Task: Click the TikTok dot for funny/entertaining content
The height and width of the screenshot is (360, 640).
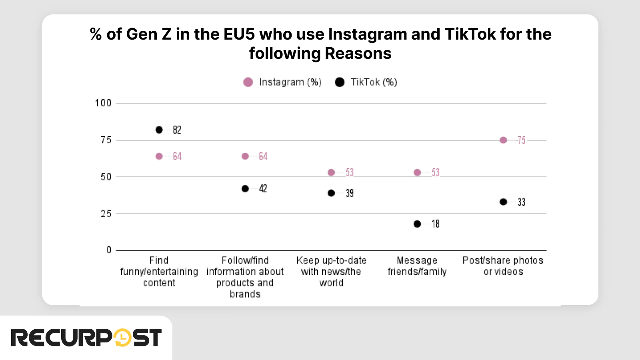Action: point(159,130)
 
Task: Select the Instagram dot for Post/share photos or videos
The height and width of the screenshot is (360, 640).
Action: point(503,140)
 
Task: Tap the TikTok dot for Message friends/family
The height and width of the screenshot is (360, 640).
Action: point(417,224)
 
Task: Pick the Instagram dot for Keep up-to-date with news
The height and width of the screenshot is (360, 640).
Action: point(331,172)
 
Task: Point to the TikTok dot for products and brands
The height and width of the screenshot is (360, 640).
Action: point(245,188)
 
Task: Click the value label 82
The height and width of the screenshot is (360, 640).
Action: point(177,130)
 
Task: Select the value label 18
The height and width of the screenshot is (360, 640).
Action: point(435,224)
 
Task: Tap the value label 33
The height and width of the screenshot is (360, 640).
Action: point(521,202)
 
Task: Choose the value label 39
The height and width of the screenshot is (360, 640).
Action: point(350,194)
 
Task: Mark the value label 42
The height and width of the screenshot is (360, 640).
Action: point(263,189)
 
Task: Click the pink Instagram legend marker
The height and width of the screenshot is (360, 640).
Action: point(248,82)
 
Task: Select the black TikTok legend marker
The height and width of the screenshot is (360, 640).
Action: point(340,82)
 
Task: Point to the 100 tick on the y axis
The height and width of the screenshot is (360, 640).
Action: point(103,103)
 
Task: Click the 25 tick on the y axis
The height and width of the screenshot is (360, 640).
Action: point(106,214)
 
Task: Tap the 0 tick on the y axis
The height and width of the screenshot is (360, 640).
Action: point(109,250)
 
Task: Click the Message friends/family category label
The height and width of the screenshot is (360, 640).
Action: point(417,266)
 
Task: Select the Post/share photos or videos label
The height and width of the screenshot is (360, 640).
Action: point(503,266)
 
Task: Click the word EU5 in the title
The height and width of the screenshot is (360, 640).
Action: point(239,34)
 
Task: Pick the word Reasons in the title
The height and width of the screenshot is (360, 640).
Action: point(358,54)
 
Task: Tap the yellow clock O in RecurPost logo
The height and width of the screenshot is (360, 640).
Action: point(122,338)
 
